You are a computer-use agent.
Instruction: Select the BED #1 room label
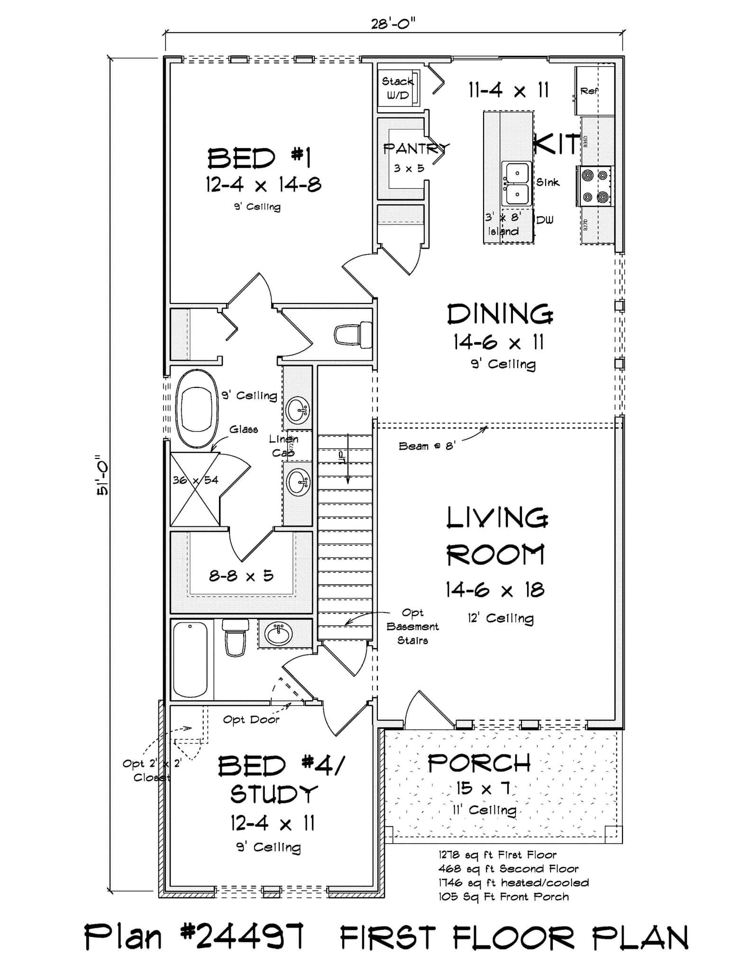pos(259,158)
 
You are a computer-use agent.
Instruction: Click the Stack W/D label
pos(397,88)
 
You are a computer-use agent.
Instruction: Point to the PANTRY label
pos(415,149)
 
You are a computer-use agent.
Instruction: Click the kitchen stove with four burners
pos(595,186)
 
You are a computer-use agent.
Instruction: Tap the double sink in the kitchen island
pos(517,183)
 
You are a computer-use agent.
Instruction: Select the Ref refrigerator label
pos(589,91)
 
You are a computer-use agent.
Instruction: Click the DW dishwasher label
pos(545,220)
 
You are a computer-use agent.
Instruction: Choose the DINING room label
pos(500,314)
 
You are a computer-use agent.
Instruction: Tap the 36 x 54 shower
pos(195,489)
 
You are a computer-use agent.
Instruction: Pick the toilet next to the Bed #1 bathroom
pos(353,334)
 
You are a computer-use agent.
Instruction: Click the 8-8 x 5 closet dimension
pos(241,576)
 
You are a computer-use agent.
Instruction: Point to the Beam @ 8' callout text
pos(427,446)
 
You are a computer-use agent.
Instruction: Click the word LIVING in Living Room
pos(497,518)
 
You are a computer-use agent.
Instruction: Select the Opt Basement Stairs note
pos(412,626)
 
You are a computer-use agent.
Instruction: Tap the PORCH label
pos(479,764)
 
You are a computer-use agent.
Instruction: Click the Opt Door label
pos(251,720)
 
